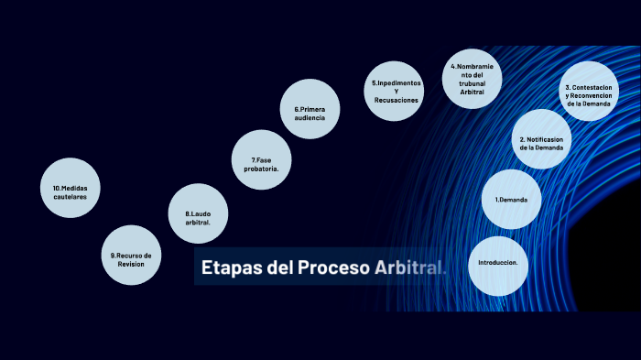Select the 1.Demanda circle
tap(511, 200)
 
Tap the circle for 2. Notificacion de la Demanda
tap(541, 139)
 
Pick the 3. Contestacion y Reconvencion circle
tap(588, 92)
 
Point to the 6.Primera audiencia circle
tap(310, 109)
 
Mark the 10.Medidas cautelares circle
tap(71, 189)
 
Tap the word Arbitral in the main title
tap(408, 268)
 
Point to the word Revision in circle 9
tap(131, 264)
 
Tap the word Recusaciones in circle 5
tap(397, 100)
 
